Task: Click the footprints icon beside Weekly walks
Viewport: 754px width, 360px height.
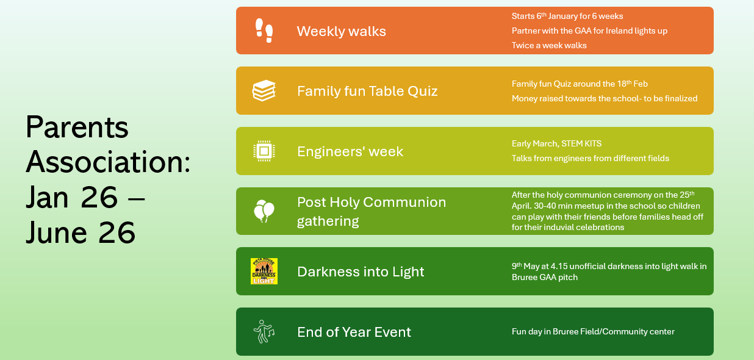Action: [x=264, y=31]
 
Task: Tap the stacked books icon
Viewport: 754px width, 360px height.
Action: [x=264, y=90]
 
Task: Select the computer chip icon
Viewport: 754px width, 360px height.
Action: [x=264, y=151]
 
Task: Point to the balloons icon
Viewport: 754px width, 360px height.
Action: [x=264, y=211]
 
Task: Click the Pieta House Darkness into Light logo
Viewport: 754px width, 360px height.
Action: [x=264, y=271]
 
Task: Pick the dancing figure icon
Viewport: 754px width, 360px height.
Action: [x=264, y=331]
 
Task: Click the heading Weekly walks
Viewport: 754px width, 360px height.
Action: [x=342, y=31]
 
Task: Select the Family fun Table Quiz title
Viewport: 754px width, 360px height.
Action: [x=367, y=91]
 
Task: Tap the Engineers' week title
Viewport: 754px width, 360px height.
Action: [x=350, y=151]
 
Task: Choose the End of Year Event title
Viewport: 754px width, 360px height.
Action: [x=354, y=332]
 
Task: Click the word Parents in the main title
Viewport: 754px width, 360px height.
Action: [x=77, y=127]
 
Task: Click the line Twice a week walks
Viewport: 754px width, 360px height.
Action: [x=549, y=46]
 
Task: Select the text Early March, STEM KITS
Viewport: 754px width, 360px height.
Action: [x=556, y=144]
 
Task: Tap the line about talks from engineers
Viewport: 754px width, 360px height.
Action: [x=591, y=158]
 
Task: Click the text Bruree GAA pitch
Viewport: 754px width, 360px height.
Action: [x=545, y=277]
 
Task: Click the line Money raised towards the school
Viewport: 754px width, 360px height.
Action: [x=605, y=98]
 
